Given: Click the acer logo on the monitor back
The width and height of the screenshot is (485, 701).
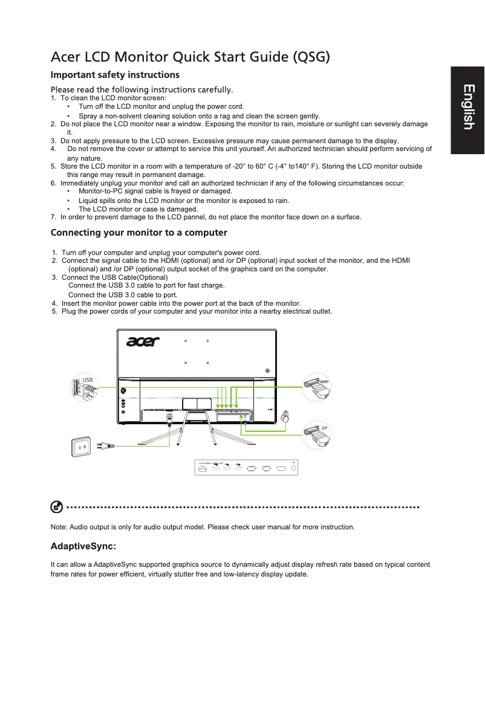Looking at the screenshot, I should click(x=143, y=342).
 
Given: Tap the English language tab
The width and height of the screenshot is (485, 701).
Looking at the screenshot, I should click(x=467, y=107).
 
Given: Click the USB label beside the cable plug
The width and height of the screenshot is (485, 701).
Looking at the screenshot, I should click(x=88, y=380).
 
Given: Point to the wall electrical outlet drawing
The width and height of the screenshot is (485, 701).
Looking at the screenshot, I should click(x=84, y=447).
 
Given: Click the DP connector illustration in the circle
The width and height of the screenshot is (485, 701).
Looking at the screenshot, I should click(x=318, y=436).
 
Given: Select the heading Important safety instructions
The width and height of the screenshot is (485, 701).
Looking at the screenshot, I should click(x=115, y=75).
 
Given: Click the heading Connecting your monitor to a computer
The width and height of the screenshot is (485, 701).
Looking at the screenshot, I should click(x=139, y=233).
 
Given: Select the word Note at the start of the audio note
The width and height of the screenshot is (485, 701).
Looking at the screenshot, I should click(x=59, y=527).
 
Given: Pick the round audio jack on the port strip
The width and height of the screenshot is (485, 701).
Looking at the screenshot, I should click(x=294, y=468).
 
